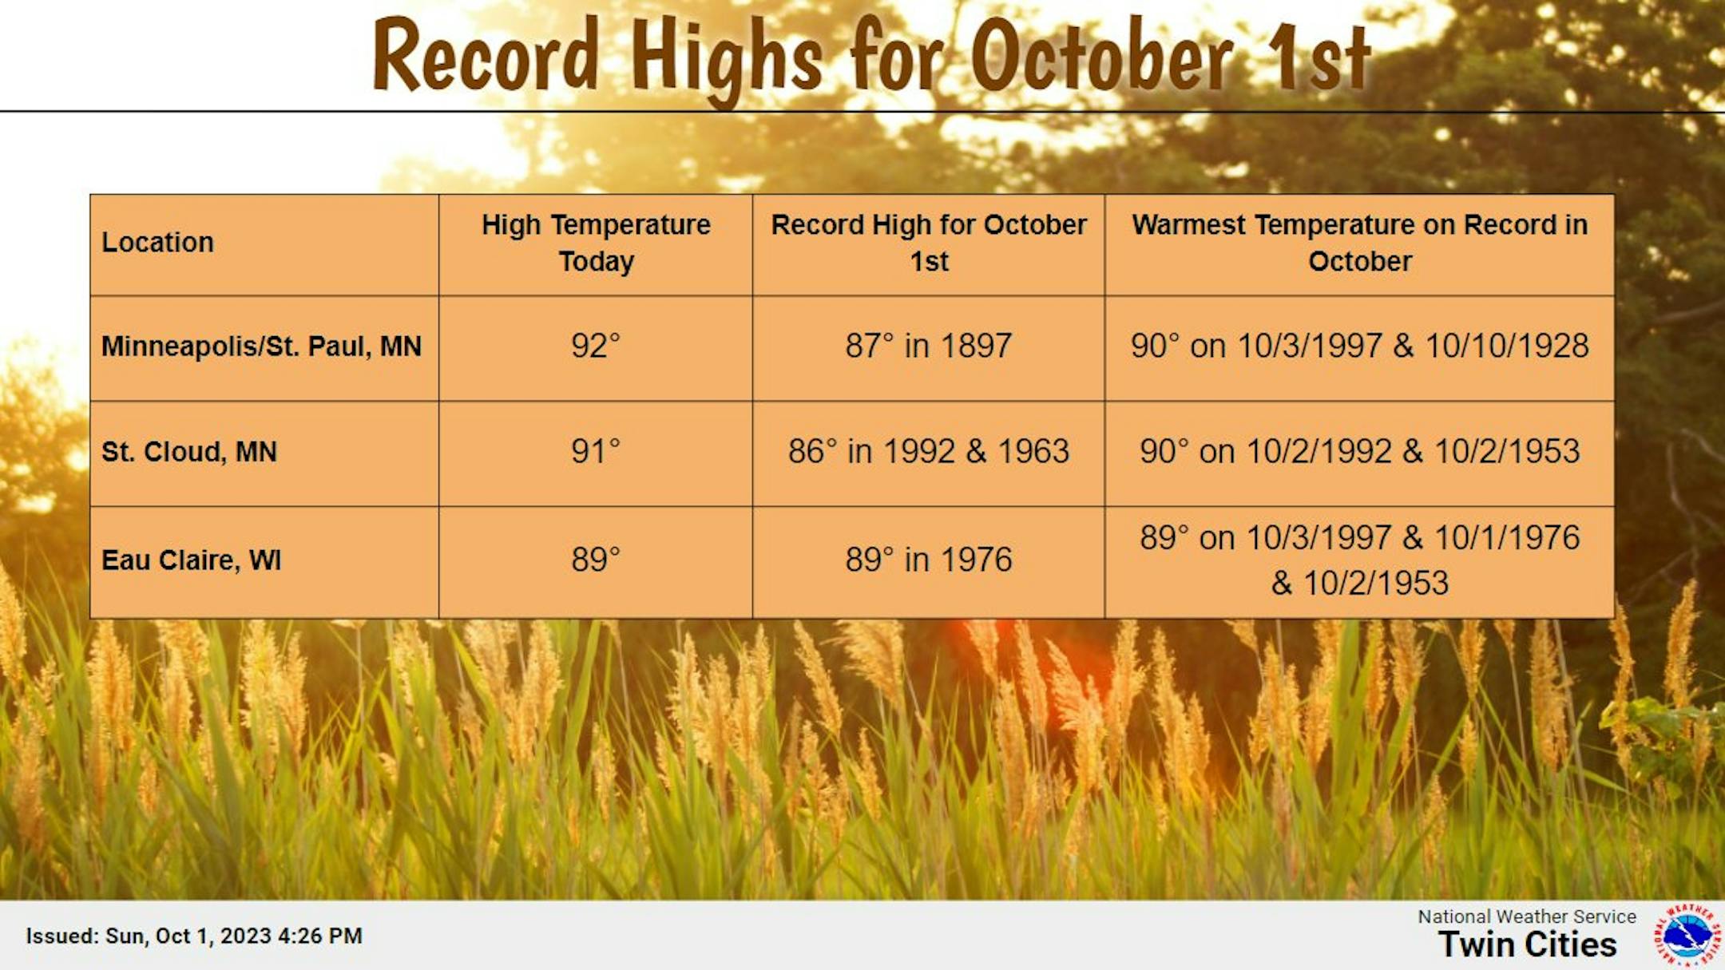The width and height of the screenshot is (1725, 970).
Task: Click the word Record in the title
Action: click(486, 54)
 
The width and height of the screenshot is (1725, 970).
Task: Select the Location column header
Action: click(157, 242)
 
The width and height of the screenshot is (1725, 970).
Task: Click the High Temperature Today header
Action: click(596, 243)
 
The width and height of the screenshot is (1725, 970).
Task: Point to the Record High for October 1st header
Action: click(929, 243)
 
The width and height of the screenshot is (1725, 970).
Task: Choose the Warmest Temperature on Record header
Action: click(1359, 243)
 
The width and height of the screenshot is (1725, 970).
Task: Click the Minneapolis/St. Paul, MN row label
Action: click(261, 346)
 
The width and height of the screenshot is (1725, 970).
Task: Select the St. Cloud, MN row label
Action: click(189, 452)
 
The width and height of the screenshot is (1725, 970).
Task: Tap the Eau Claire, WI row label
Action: click(192, 560)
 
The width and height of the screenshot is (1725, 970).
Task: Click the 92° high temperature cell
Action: click(596, 346)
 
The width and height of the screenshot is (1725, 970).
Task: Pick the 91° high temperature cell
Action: click(596, 451)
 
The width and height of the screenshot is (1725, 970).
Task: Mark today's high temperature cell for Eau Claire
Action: click(596, 559)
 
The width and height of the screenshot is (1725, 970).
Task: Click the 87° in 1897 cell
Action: click(929, 346)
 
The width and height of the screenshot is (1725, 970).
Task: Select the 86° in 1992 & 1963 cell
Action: click(929, 451)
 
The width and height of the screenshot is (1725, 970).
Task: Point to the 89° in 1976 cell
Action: click(929, 559)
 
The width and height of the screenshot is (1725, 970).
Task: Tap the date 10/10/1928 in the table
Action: click(1507, 346)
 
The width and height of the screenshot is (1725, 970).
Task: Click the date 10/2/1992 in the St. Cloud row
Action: click(1319, 451)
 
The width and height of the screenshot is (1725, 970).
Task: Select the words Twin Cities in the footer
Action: click(1528, 944)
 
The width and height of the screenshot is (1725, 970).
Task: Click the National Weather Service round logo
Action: click(1687, 934)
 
